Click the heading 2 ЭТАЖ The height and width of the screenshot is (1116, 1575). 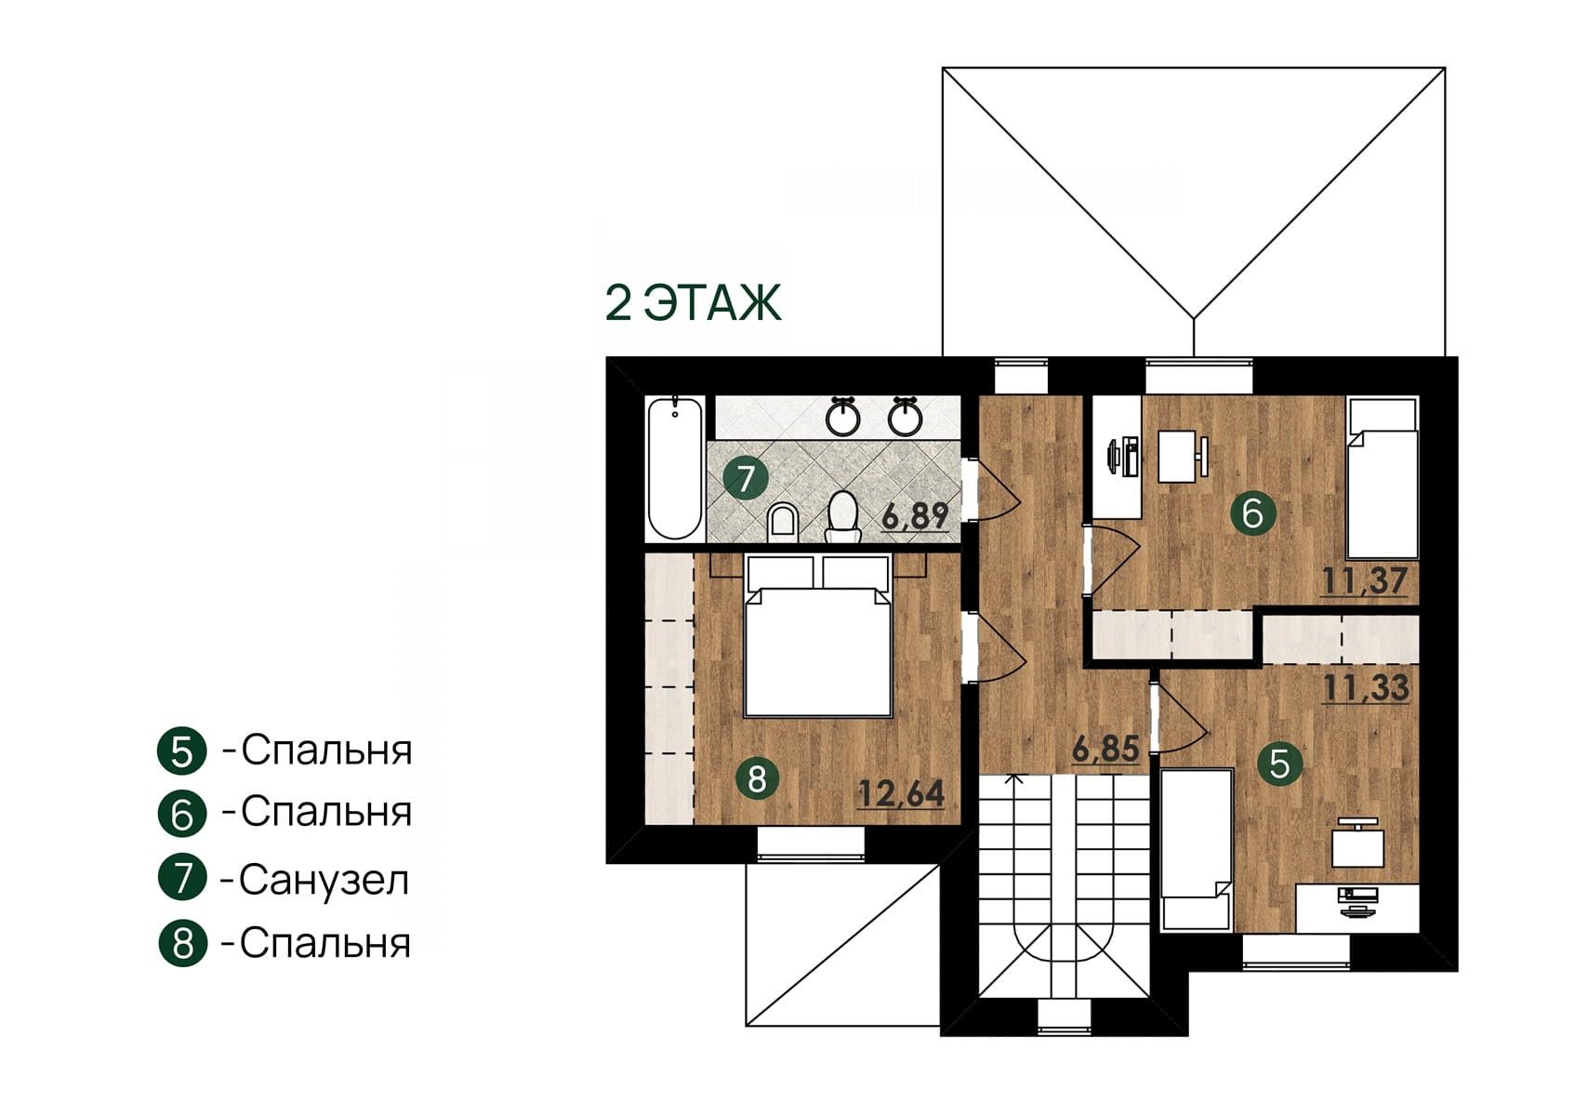[693, 303]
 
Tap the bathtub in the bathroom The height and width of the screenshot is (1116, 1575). [675, 469]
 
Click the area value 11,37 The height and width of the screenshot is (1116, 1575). [1365, 581]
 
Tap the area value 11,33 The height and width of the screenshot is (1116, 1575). [1366, 688]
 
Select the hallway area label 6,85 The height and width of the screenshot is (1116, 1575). [1105, 749]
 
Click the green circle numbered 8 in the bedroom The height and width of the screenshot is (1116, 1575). [757, 779]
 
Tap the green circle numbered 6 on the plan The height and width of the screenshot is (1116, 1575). [1252, 514]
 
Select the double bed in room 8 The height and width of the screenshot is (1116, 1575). [818, 636]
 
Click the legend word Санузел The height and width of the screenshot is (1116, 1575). [324, 880]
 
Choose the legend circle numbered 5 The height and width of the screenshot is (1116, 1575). [182, 751]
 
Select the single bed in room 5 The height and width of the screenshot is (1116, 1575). [1196, 850]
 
